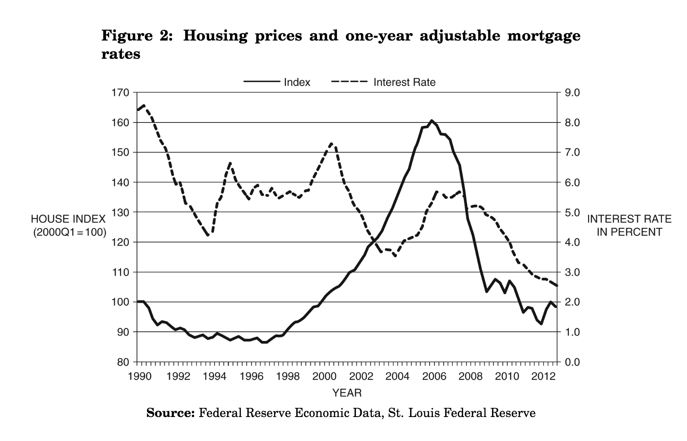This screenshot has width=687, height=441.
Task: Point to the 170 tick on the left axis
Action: click(x=120, y=92)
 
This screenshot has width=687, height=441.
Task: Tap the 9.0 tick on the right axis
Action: click(x=573, y=92)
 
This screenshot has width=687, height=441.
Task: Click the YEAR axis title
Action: click(x=347, y=393)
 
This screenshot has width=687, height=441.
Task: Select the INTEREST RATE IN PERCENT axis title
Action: click(x=629, y=225)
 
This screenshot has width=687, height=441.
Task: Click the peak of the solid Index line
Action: click(x=431, y=120)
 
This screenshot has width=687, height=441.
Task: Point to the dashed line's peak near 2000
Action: click(x=332, y=144)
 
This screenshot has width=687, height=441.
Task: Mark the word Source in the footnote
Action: click(x=171, y=413)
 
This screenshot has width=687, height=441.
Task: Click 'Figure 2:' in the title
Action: click(x=137, y=36)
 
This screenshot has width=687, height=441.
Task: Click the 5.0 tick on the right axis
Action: click(x=573, y=213)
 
